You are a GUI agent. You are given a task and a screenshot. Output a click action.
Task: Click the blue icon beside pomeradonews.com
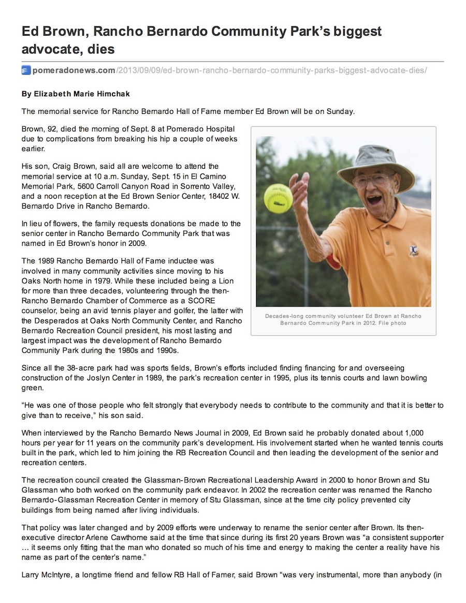point(26,70)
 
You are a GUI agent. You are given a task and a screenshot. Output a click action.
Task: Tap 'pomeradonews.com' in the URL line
point(73,70)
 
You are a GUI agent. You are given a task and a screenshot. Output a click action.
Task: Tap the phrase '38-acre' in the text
point(82,368)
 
